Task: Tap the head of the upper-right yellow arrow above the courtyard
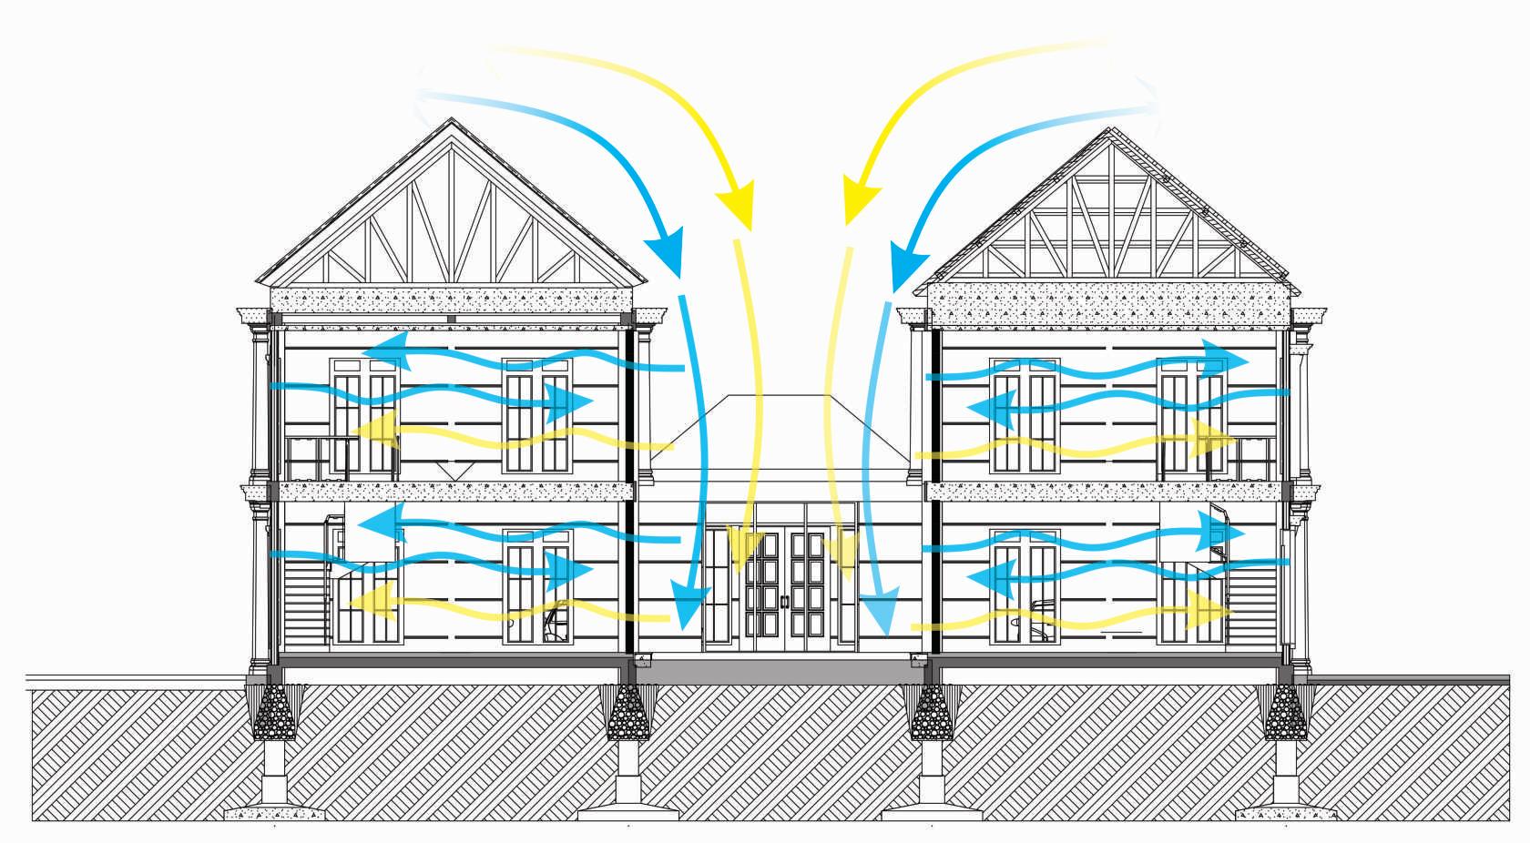(x=861, y=202)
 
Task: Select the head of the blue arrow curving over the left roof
(x=666, y=249)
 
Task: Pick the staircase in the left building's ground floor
(x=305, y=601)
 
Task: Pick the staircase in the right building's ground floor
(x=1254, y=601)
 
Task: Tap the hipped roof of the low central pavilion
(x=780, y=432)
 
